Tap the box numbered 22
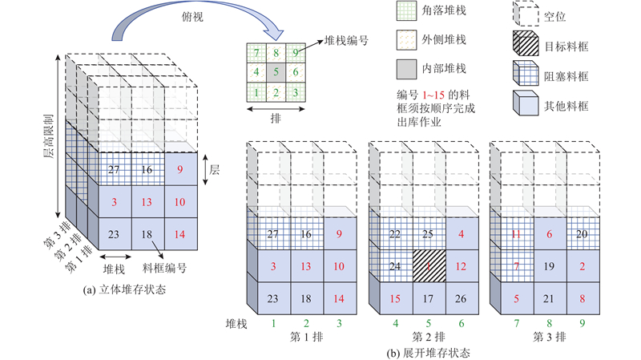[x=394, y=233]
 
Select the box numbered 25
[x=429, y=233]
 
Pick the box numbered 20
[x=582, y=233]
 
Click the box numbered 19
[x=549, y=265]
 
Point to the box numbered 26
[x=462, y=299]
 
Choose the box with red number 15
[x=394, y=299]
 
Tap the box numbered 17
[x=429, y=299]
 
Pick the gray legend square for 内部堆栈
[x=409, y=68]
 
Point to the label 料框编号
[x=162, y=268]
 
